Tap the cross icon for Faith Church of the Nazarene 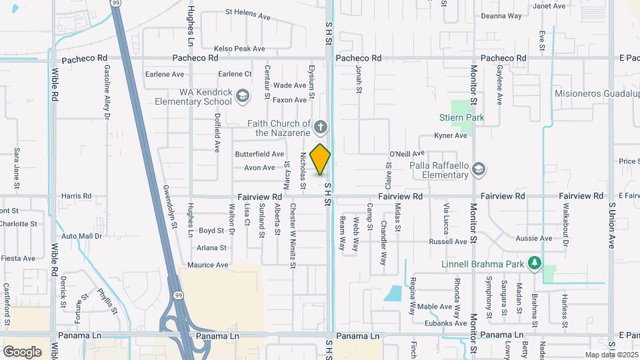321,127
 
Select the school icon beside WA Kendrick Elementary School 242,97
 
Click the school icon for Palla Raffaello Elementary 477,170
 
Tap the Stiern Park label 461,119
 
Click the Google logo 22,351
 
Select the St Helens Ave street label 247,12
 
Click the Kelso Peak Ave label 239,49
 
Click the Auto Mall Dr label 81,236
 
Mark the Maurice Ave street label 207,265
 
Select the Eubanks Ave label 448,323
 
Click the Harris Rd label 76,196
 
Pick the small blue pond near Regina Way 394,293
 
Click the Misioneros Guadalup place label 596,94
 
